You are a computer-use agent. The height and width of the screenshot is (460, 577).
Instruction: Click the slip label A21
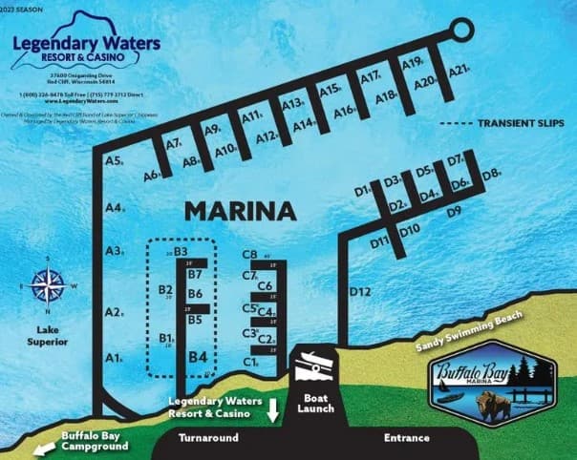(x=459, y=71)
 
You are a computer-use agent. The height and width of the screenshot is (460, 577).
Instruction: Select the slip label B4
(x=198, y=357)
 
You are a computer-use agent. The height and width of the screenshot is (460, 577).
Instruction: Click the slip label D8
(x=491, y=175)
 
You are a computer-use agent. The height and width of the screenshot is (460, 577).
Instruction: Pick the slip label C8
(x=250, y=255)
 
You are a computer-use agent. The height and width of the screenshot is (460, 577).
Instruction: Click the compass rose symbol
(x=45, y=286)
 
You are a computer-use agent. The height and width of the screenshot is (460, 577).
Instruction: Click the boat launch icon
(x=316, y=364)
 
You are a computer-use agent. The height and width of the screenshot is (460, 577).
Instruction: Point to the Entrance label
(x=407, y=438)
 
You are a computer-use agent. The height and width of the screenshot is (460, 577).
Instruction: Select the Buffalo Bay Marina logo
(x=493, y=386)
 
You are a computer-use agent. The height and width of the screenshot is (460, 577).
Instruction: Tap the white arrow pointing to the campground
(x=39, y=450)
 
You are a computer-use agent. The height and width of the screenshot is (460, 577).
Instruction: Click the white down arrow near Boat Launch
(x=273, y=410)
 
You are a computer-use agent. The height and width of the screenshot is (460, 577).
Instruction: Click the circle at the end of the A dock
(x=461, y=31)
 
